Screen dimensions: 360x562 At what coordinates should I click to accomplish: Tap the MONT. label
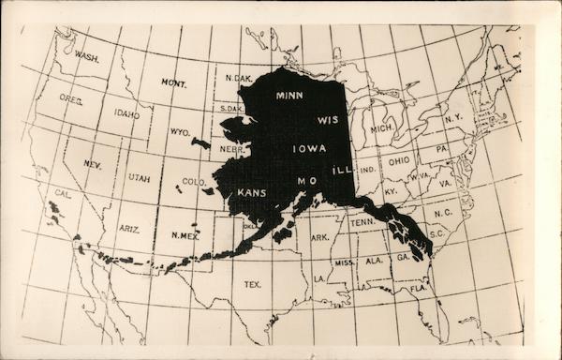pyautogui.click(x=172, y=83)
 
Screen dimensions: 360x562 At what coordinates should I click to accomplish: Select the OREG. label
pyautogui.click(x=71, y=97)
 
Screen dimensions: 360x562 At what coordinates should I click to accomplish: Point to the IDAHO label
pyautogui.click(x=126, y=114)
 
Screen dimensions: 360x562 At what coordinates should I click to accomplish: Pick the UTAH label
pyautogui.click(x=139, y=178)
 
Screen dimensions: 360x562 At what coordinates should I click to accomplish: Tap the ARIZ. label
pyautogui.click(x=129, y=227)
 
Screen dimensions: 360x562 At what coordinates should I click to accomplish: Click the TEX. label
pyautogui.click(x=252, y=282)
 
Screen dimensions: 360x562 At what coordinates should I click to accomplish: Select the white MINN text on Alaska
pyautogui.click(x=289, y=95)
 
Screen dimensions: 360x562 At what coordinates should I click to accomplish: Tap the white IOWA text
pyautogui.click(x=309, y=149)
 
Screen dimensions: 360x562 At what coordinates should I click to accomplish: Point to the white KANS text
pyautogui.click(x=251, y=192)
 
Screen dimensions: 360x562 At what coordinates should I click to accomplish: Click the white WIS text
pyautogui.click(x=328, y=121)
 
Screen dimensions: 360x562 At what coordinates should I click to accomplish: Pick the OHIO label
pyautogui.click(x=399, y=160)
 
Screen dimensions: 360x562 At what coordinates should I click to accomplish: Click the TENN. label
pyautogui.click(x=362, y=222)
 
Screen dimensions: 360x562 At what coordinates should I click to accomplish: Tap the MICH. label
pyautogui.click(x=380, y=127)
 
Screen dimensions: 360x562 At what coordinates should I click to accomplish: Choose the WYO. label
pyautogui.click(x=180, y=131)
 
